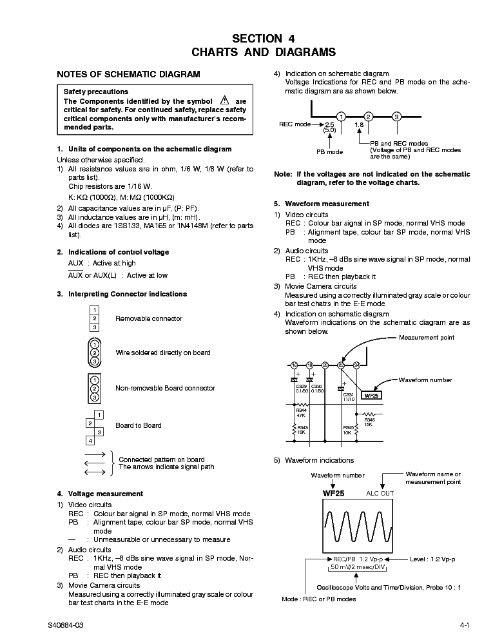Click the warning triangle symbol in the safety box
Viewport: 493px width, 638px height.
pos(224,101)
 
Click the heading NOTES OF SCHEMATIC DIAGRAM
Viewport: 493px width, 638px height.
pos(128,74)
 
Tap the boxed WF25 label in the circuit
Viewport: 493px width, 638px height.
pos(371,396)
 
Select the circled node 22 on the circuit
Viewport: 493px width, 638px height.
pos(341,365)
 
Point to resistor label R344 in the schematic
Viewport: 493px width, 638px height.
pos(301,410)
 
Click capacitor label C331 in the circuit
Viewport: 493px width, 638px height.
pos(347,394)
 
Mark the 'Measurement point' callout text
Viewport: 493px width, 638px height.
pos(426,338)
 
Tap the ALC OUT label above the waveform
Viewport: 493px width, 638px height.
pos(380,493)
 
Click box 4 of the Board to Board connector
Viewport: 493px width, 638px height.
pos(90,441)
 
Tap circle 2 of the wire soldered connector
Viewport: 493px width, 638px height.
pos(94,353)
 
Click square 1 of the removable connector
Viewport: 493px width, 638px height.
pos(94,310)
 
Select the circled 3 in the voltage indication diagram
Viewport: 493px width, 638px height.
pos(397,117)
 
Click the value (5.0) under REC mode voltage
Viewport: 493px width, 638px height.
pos(330,130)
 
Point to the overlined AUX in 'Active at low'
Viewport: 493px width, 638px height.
pos(75,275)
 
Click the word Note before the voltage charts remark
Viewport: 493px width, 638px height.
pos(283,174)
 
